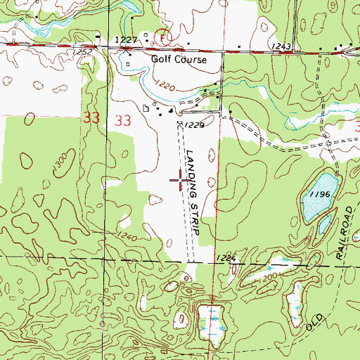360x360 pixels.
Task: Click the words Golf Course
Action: (x=179, y=60)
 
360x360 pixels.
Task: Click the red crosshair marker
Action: (x=180, y=181)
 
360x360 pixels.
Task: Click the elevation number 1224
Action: (x=228, y=259)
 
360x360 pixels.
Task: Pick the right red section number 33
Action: (x=122, y=120)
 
